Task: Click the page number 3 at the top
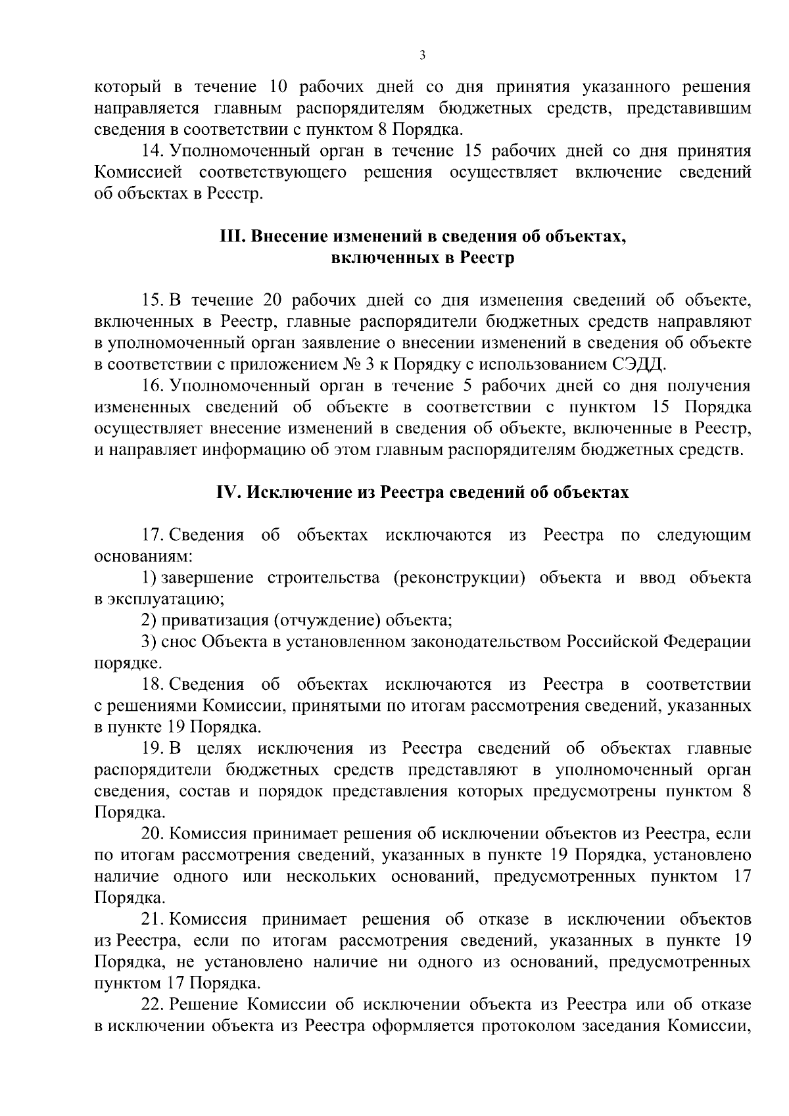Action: [x=422, y=56]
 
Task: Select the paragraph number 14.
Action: [x=152, y=151]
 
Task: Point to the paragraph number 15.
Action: [x=152, y=301]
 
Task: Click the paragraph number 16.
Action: [x=152, y=386]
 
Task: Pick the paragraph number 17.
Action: [x=152, y=535]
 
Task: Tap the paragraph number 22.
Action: [x=153, y=1005]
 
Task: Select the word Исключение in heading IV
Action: [x=290, y=493]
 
